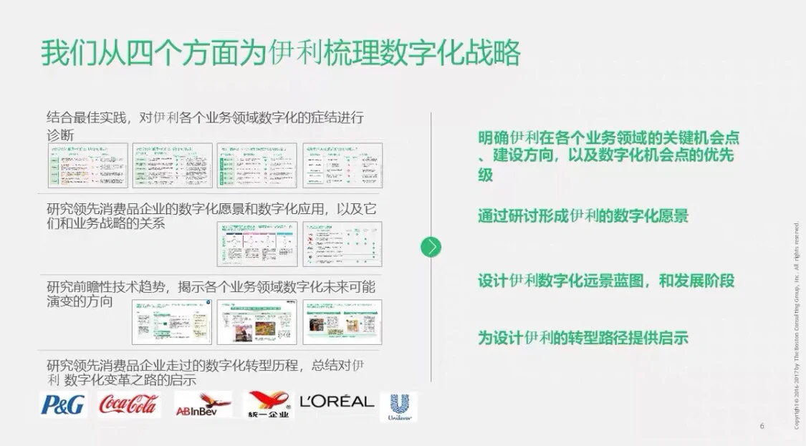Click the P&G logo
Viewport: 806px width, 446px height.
(62, 404)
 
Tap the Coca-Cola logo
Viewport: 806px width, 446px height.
(128, 404)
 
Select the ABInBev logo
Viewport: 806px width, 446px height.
(203, 405)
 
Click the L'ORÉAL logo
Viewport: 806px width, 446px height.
(337, 402)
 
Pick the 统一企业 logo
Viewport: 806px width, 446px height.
(269, 405)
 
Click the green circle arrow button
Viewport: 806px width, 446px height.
(431, 247)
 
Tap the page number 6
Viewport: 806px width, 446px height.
(762, 427)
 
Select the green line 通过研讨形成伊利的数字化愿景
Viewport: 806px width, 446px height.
(583, 216)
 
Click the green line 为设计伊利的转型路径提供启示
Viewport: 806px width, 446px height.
(583, 338)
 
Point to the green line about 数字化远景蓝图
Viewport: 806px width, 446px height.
(606, 281)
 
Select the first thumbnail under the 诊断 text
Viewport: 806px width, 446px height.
(87, 165)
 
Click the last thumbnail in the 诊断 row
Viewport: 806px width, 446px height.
(342, 165)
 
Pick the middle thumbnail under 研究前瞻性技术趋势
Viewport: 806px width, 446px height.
(256, 322)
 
